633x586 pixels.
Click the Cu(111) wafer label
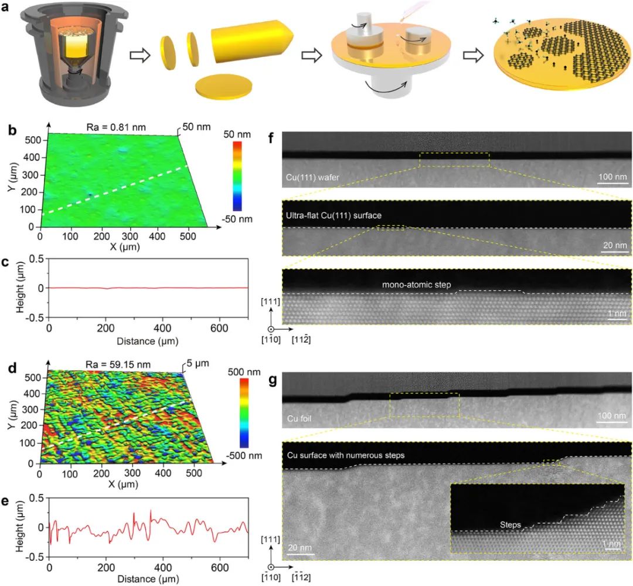click(x=308, y=176)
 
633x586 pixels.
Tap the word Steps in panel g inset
click(x=511, y=524)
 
